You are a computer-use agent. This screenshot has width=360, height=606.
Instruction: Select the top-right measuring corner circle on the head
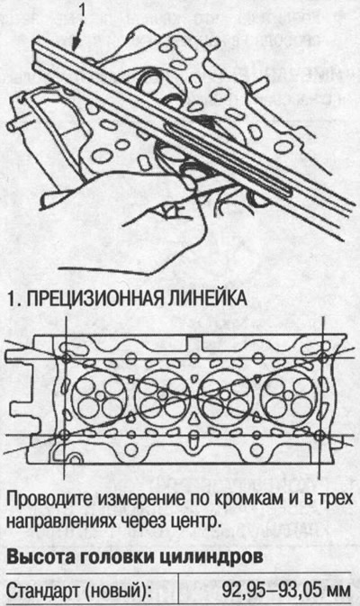(321, 357)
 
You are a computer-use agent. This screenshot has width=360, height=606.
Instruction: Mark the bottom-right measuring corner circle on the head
(321, 436)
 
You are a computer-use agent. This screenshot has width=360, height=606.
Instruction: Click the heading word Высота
(40, 557)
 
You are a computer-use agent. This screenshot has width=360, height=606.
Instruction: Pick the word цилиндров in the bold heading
(203, 557)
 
